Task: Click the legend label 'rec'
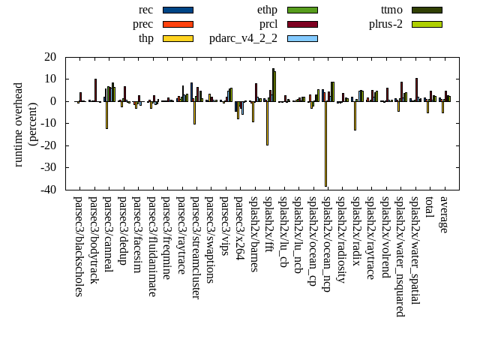pyautogui.click(x=146, y=10)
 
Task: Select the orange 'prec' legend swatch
pyautogui.click(x=178, y=24)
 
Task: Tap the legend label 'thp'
pyautogui.click(x=146, y=38)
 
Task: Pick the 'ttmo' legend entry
pyautogui.click(x=391, y=10)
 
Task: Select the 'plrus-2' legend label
pyautogui.click(x=385, y=24)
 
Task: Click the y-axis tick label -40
pyautogui.click(x=49, y=190)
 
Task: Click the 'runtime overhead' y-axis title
pyautogui.click(x=19, y=124)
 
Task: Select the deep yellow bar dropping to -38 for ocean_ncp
pyautogui.click(x=325, y=143)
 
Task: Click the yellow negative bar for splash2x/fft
pyautogui.click(x=267, y=123)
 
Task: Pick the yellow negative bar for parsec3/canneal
pyautogui.click(x=106, y=115)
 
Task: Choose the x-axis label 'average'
pyautogui.click(x=444, y=214)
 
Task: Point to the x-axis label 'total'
pyautogui.click(x=429, y=209)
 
